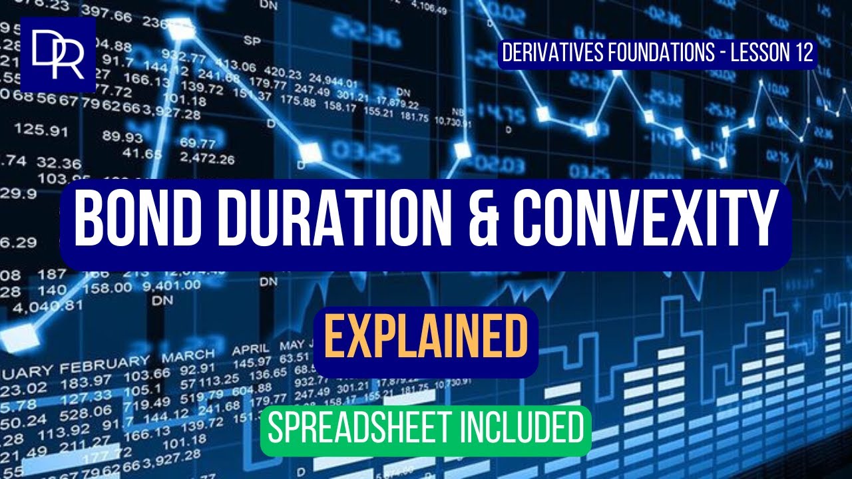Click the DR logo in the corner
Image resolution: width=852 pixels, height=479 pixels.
point(58,54)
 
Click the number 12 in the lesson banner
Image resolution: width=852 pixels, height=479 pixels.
point(802,53)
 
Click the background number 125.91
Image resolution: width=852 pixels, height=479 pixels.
point(41,128)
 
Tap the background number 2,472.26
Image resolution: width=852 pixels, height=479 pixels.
point(207,159)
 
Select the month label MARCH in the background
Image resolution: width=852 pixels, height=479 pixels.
point(188,356)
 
